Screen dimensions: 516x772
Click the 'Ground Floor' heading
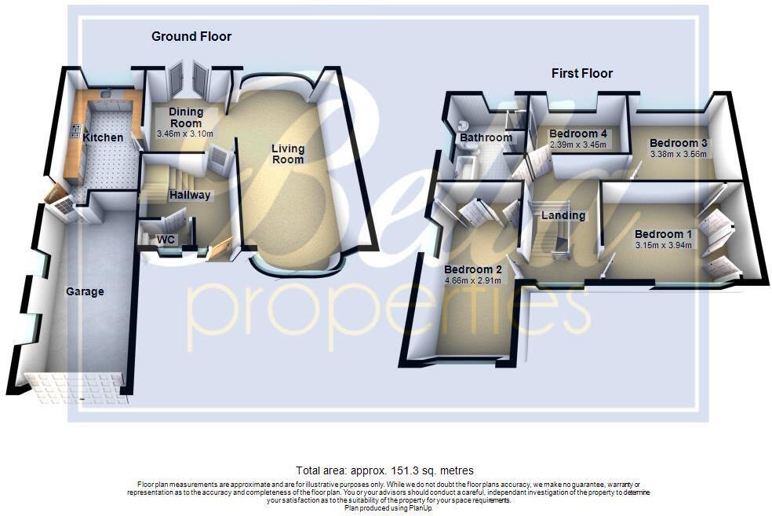191,37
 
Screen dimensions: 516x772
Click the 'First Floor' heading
581,74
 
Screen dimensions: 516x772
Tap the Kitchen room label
103,137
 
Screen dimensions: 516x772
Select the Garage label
85,291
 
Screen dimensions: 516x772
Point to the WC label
166,239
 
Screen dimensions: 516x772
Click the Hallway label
190,195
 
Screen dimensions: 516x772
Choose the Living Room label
288,154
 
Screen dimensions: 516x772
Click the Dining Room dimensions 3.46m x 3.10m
185,134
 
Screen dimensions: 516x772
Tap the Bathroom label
486,137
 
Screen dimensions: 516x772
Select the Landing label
563,215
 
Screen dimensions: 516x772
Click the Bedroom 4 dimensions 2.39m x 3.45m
580,145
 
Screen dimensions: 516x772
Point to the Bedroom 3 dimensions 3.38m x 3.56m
679,154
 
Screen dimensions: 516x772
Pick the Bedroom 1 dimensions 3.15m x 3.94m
664,245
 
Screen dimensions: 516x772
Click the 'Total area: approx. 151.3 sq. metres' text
384,470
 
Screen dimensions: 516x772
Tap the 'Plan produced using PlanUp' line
388,508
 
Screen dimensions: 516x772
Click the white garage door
75,388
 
